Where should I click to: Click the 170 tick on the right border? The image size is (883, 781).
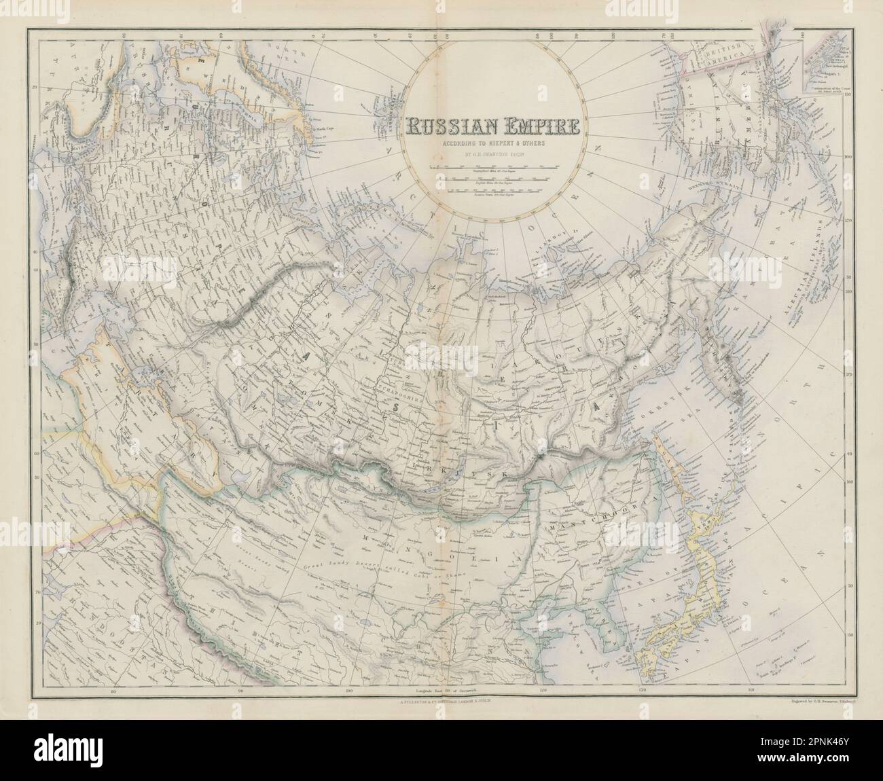[x=847, y=221]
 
